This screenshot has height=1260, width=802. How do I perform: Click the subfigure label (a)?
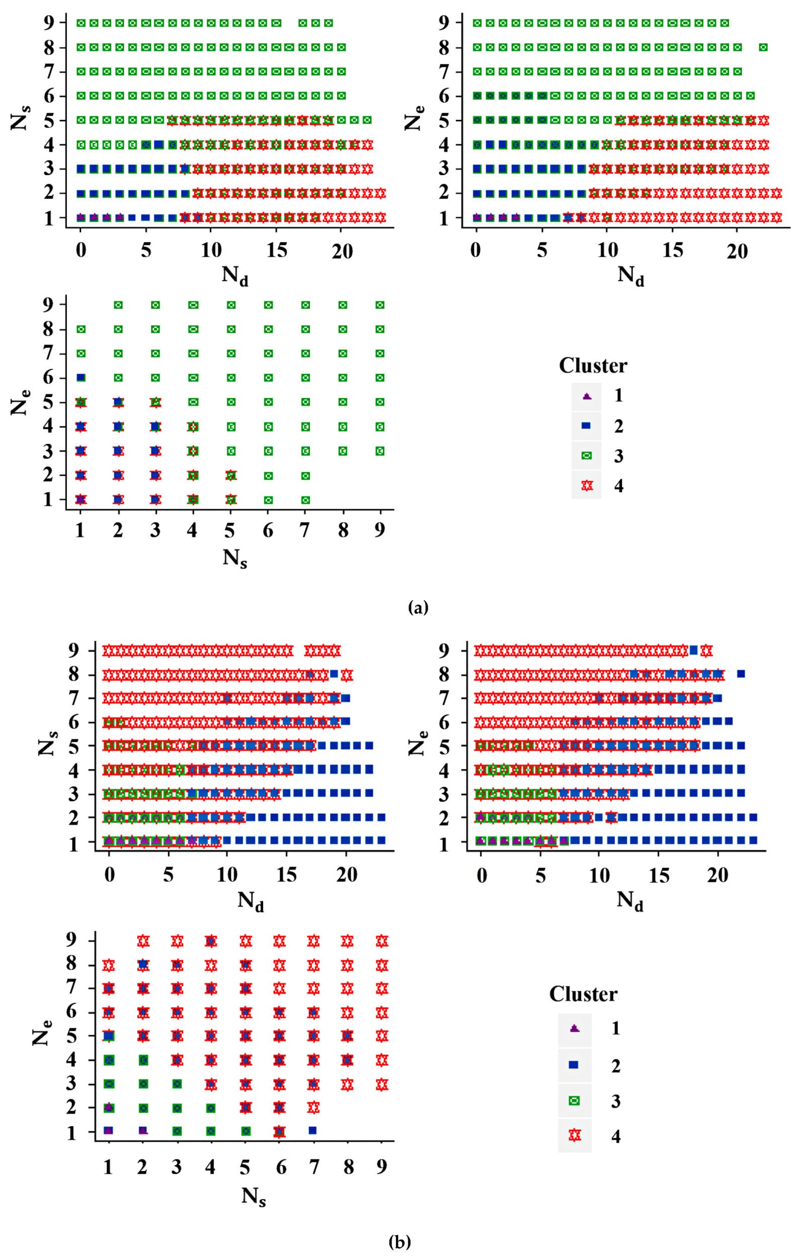point(418,607)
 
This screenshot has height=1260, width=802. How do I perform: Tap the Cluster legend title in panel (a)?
point(593,365)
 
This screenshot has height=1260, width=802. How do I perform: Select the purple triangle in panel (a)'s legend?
point(587,397)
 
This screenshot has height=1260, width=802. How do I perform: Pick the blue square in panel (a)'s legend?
point(587,426)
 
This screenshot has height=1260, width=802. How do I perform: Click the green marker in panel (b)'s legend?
point(575,1100)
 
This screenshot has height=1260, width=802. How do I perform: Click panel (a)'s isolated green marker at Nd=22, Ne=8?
point(763,47)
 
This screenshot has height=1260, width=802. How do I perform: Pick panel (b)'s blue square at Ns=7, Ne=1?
point(313,1130)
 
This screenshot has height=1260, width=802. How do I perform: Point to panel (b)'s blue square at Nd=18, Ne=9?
point(694,650)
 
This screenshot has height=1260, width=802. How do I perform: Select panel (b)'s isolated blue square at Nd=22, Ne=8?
point(741,674)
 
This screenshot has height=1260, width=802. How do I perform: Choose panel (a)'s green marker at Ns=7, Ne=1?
point(305,500)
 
